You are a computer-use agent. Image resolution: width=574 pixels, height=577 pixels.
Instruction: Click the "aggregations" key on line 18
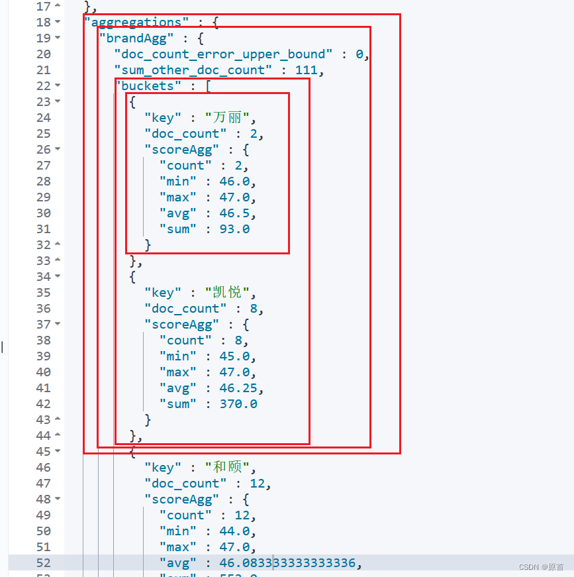134,22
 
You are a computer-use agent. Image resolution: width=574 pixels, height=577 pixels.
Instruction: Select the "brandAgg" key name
137,38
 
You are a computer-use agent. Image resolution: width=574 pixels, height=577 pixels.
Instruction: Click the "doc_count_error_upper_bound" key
223,54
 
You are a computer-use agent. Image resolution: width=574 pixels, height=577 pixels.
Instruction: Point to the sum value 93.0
234,229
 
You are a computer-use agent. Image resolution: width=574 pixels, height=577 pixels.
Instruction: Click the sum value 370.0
238,403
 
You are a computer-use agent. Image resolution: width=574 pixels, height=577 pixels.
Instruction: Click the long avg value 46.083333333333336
285,562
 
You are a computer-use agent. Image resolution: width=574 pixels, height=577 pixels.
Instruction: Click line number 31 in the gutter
43,229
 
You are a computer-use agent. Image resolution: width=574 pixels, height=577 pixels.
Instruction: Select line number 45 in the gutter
43,451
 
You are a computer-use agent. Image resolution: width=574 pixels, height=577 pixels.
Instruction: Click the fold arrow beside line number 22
58,85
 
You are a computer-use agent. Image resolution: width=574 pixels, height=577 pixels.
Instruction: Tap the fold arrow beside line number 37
58,324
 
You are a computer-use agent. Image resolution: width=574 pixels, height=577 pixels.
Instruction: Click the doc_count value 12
258,483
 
